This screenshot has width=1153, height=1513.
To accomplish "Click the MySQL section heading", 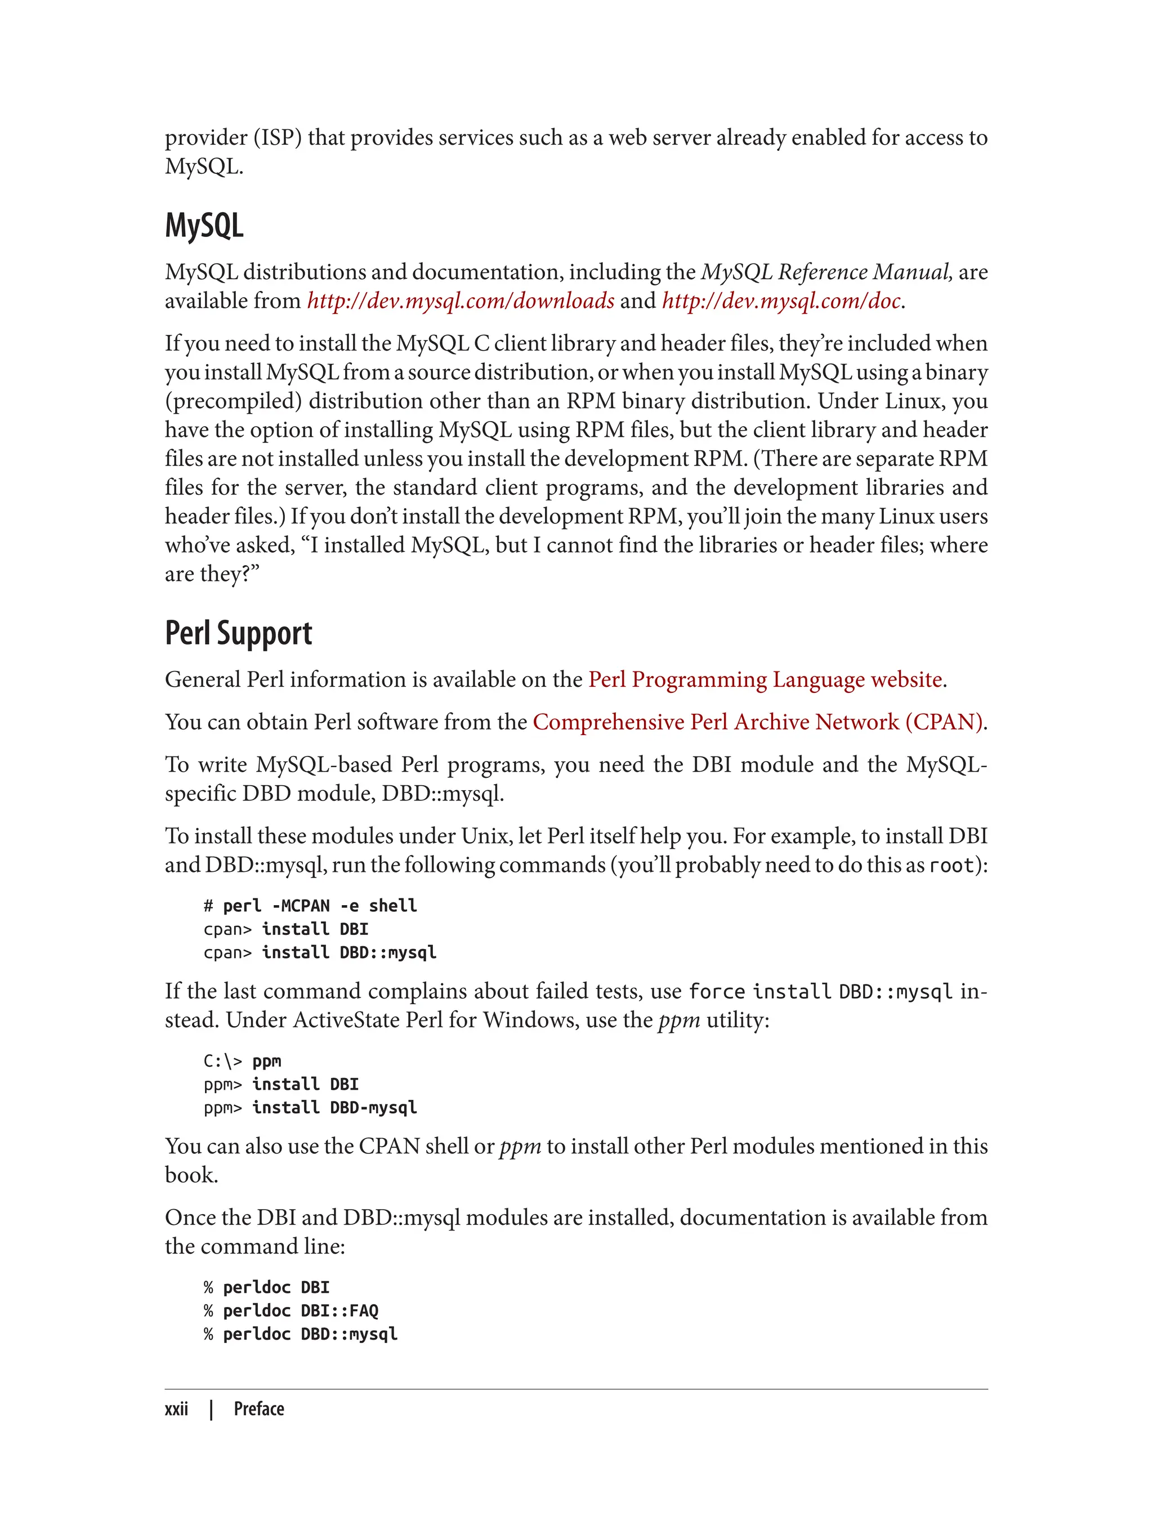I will pyautogui.click(x=204, y=225).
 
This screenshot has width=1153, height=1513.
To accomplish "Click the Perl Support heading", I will pyautogui.click(x=238, y=633).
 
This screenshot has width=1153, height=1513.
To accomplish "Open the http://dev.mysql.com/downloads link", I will pyautogui.click(x=461, y=301).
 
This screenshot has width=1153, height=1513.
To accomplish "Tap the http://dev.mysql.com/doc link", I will pyautogui.click(x=781, y=301).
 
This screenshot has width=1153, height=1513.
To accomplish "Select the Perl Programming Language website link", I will pyautogui.click(x=765, y=679).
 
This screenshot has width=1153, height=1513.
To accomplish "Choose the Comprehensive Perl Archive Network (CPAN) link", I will pyautogui.click(x=758, y=722).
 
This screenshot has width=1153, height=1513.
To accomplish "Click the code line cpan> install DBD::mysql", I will pyautogui.click(x=320, y=952).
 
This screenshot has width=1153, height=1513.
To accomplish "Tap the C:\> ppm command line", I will pyautogui.click(x=242, y=1061).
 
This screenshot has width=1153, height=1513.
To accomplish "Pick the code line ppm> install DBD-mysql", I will pyautogui.click(x=310, y=1108).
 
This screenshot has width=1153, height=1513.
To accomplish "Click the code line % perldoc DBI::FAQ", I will pyautogui.click(x=291, y=1310).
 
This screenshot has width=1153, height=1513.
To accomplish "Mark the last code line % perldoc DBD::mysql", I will pyautogui.click(x=301, y=1334).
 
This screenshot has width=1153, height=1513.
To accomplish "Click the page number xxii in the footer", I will pyautogui.click(x=176, y=1409).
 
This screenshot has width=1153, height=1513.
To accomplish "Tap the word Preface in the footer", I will pyautogui.click(x=259, y=1409).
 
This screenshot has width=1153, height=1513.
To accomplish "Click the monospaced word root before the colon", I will pyautogui.click(x=951, y=865).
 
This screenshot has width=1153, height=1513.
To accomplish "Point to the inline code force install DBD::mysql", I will pyautogui.click(x=820, y=992).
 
